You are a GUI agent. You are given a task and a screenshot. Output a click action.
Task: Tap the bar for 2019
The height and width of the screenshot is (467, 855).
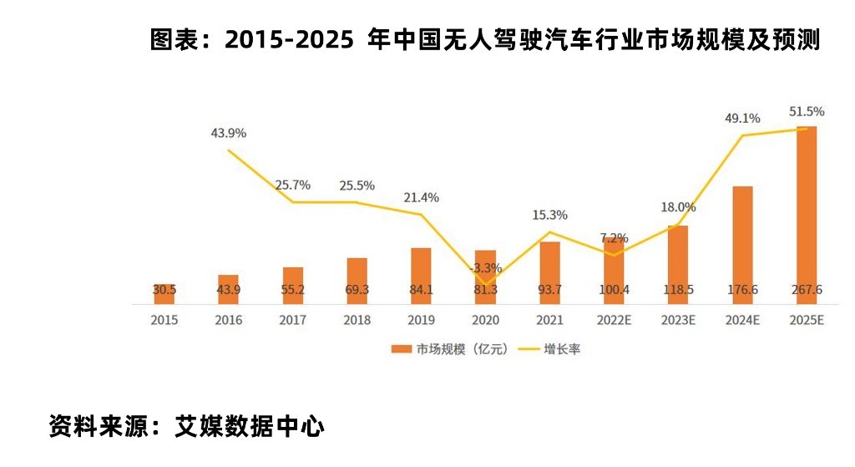pos(421,275)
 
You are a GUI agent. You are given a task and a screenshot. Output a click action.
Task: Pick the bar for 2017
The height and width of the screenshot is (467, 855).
pos(293,285)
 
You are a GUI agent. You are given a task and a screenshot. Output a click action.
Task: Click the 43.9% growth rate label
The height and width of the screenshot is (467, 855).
pos(229,134)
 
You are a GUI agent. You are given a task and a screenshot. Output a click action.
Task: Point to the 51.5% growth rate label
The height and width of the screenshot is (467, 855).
pos(807,111)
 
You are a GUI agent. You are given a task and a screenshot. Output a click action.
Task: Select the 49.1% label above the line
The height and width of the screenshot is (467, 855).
pos(742,119)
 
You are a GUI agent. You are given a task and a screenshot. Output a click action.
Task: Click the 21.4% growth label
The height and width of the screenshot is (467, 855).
pos(421,198)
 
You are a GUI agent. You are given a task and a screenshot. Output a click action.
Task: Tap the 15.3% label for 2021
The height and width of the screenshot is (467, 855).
pos(549,215)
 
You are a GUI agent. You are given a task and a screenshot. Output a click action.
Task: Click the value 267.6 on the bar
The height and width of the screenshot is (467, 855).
pos(807,290)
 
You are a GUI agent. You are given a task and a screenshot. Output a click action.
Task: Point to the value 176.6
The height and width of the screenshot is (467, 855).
pos(742,290)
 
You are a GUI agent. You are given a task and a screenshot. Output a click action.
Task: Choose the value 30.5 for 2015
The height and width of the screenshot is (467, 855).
pos(164,290)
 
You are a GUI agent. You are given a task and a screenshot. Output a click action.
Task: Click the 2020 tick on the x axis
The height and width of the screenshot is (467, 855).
pos(485,320)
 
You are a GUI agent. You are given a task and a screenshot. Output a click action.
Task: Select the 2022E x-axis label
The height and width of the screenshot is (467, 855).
pos(614,320)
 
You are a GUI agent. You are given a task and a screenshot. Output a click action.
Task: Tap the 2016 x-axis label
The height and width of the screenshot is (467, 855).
pos(229,320)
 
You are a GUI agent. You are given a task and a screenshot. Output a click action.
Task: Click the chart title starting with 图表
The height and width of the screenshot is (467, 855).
pos(484,40)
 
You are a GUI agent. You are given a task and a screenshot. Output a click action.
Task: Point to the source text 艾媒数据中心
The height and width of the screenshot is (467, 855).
pos(250,427)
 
